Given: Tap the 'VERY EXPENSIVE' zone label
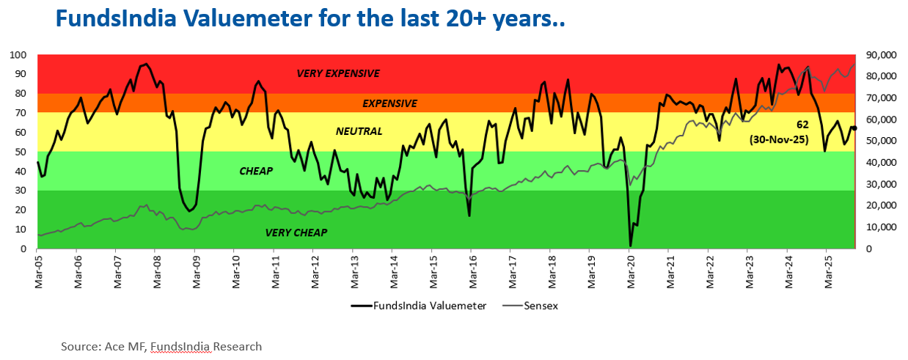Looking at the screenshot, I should [x=338, y=73].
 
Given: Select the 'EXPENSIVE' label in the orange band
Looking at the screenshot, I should [x=389, y=103].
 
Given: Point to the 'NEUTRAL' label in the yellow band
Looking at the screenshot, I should [x=359, y=131].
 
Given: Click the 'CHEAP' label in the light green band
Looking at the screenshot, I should [x=256, y=171].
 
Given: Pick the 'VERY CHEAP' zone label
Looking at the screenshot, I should [x=296, y=232].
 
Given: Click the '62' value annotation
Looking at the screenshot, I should [x=802, y=125].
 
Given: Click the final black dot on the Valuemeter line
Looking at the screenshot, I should [x=854, y=128].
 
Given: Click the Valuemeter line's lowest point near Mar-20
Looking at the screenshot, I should [x=630, y=246].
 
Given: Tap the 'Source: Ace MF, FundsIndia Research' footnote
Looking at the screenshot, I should [x=161, y=346].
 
